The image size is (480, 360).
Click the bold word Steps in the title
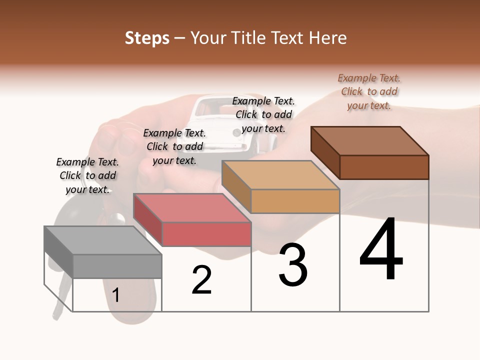(x=147, y=38)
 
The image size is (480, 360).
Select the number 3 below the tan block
(x=293, y=265)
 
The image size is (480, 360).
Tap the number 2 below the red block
(x=201, y=280)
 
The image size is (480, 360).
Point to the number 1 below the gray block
(x=115, y=295)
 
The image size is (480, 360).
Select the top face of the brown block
(x=369, y=140)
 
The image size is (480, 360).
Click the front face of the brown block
(x=384, y=167)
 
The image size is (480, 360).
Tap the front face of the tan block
(x=295, y=201)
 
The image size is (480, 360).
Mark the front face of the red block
(x=206, y=234)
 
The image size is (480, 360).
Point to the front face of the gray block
(x=117, y=266)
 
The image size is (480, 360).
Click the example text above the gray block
(x=87, y=175)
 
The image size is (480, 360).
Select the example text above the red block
(x=174, y=146)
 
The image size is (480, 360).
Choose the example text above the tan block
(x=263, y=114)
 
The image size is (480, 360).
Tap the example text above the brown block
(x=369, y=91)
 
